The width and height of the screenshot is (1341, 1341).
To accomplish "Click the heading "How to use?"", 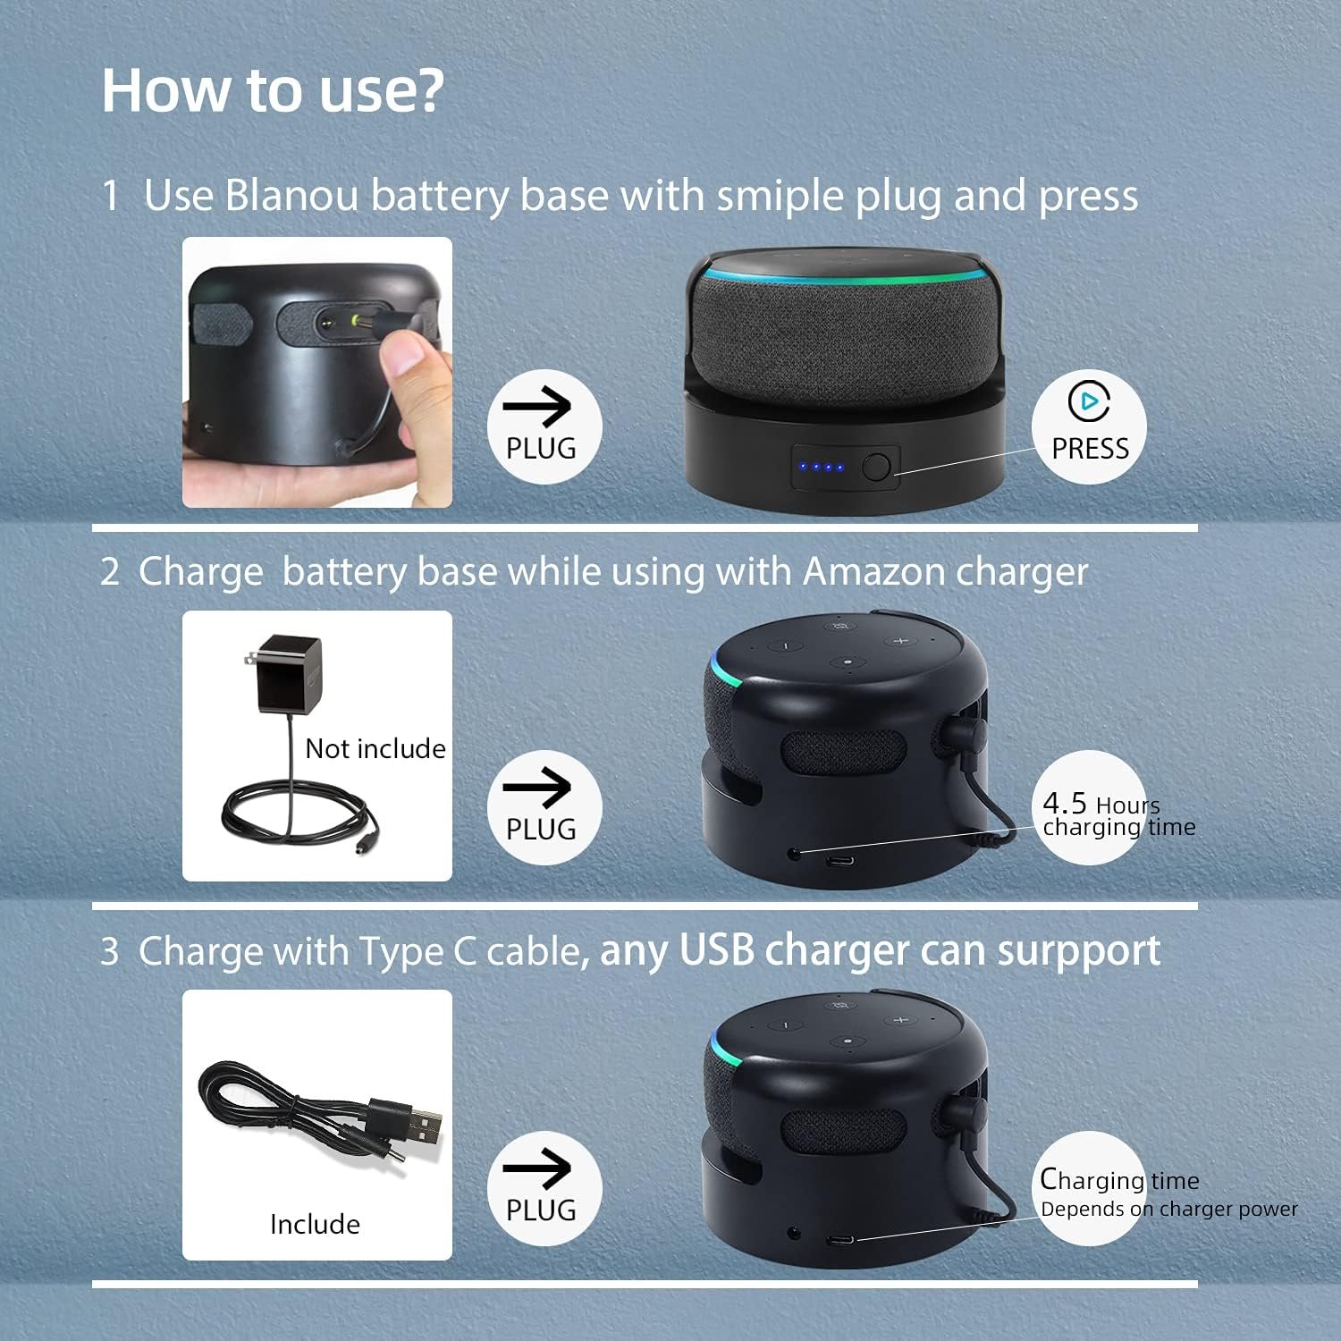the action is click(x=273, y=90).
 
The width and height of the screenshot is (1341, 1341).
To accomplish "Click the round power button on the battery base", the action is click(x=876, y=467).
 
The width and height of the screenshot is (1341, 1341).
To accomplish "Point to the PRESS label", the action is click(x=1090, y=448).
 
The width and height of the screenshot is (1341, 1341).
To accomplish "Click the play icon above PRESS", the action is click(x=1089, y=401).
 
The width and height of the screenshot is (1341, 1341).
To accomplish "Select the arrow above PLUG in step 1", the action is click(x=536, y=408).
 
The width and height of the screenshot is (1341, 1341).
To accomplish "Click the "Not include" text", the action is click(x=375, y=748).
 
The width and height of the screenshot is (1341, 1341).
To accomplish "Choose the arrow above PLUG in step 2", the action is click(x=536, y=788).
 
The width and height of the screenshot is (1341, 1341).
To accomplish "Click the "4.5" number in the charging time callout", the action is click(x=1065, y=803).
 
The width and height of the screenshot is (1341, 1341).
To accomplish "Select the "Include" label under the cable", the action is click(x=315, y=1224).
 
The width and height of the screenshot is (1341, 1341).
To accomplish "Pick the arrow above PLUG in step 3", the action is click(x=536, y=1168).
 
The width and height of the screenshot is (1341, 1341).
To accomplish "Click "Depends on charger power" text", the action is click(x=1169, y=1210).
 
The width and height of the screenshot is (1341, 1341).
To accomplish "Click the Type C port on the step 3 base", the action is click(x=839, y=1241).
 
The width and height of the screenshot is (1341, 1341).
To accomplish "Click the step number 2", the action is click(x=110, y=571).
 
